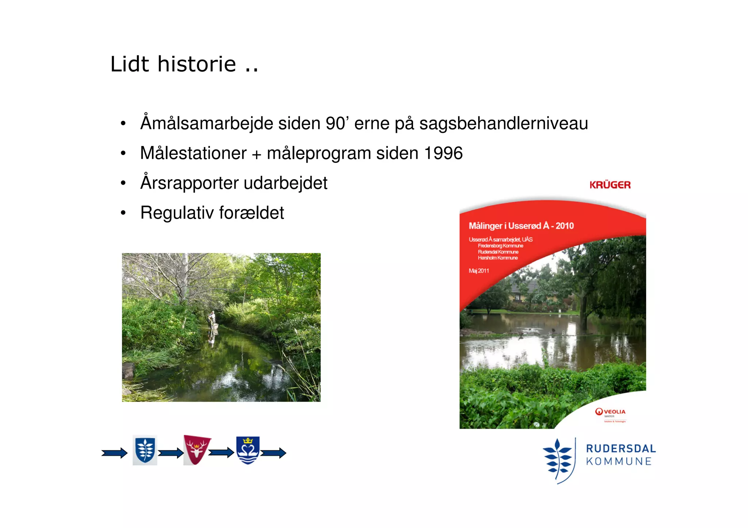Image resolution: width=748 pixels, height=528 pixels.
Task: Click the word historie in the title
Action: click(x=196, y=64)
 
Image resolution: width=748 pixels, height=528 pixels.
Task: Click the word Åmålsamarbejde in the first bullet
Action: click(x=207, y=123)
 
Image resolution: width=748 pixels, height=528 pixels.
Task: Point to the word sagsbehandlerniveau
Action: click(x=503, y=123)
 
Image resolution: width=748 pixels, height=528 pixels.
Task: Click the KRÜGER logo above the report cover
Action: click(x=610, y=185)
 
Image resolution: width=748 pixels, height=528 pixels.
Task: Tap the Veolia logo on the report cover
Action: click(x=610, y=412)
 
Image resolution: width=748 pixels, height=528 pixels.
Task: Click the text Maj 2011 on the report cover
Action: click(x=478, y=271)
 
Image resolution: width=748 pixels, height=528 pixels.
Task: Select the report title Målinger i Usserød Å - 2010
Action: click(x=521, y=226)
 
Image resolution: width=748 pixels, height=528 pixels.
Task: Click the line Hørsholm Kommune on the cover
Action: click(x=497, y=258)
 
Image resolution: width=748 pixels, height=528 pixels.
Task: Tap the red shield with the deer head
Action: click(x=196, y=450)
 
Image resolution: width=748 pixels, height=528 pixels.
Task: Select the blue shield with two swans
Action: click(x=248, y=450)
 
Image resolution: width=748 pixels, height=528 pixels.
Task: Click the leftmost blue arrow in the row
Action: click(x=114, y=453)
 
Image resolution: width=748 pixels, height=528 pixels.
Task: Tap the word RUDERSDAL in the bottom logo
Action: click(x=621, y=449)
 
